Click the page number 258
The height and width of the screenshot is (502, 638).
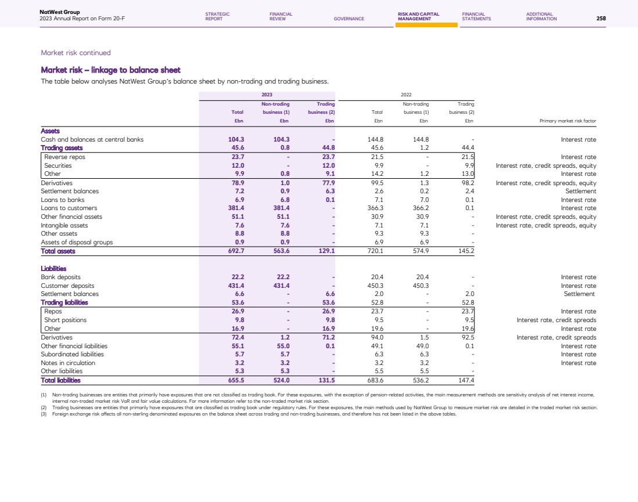pos(601,19)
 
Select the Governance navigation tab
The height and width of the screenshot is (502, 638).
pos(349,19)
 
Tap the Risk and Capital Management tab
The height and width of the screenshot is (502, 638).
pos(419,16)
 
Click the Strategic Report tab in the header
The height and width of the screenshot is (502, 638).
pos(217,16)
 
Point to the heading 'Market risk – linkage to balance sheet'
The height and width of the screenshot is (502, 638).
pos(111,70)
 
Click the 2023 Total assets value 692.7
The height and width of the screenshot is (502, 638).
pos(234,251)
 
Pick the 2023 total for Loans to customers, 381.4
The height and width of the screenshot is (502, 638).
pos(234,208)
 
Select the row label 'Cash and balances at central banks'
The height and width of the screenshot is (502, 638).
pos(92,139)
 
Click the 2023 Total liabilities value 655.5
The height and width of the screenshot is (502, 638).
pos(234,380)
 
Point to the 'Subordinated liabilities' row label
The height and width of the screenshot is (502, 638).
pos(72,354)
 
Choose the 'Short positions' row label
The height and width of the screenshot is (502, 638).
pos(66,320)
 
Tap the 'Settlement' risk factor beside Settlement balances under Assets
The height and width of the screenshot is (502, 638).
pos(581,191)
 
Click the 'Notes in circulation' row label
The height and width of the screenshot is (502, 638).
pos(68,363)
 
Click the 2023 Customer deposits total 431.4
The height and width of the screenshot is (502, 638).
pos(234,286)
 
